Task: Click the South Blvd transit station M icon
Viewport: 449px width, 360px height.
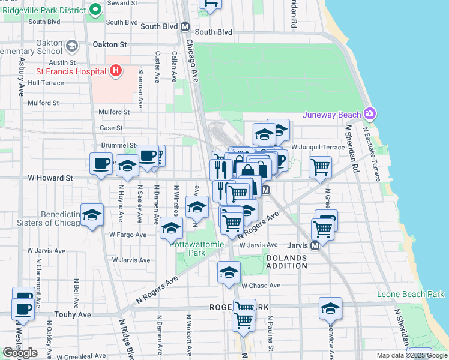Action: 185,27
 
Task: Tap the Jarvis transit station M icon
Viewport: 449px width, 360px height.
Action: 315,246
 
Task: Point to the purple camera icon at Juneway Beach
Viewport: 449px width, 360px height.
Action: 371,114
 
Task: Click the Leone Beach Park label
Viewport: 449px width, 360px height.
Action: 411,294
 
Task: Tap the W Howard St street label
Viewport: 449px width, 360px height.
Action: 50,178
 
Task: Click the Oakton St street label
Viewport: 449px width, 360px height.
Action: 110,44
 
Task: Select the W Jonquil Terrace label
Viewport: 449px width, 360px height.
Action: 318,147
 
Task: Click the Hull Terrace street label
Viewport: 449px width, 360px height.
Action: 46,83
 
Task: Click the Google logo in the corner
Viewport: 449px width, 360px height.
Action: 20,353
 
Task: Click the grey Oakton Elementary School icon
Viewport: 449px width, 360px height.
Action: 72,46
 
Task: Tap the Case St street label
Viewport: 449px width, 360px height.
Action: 111,128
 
